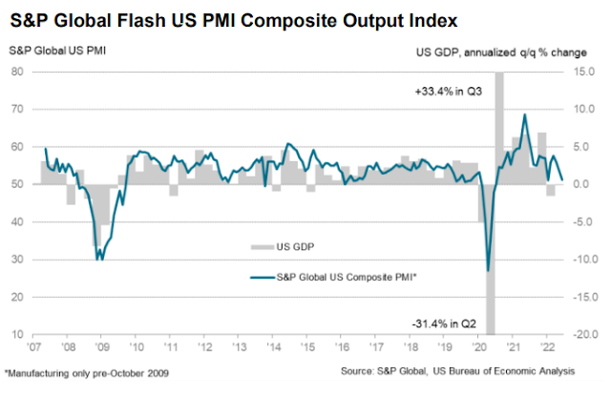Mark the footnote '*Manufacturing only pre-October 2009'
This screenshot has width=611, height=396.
point(85,370)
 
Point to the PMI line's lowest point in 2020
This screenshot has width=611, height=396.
point(489,270)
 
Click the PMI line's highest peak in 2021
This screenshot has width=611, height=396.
point(524,115)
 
